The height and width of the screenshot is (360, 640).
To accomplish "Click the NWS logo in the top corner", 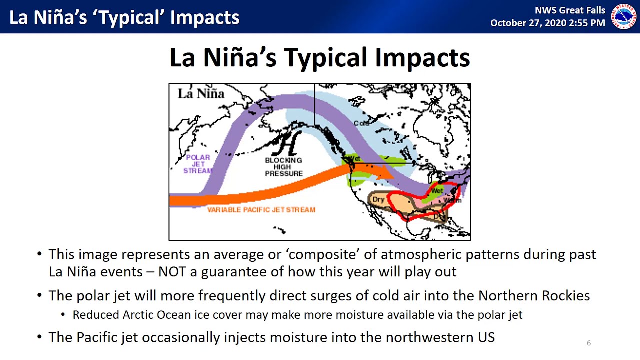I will [x=624, y=17].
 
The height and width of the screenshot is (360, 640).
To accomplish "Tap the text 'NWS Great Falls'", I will [x=570, y=10].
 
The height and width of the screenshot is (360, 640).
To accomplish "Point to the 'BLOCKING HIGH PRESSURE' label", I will [x=283, y=167].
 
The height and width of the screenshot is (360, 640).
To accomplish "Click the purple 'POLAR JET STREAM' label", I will [x=198, y=164].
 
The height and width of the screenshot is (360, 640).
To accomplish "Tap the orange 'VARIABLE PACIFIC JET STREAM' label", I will [x=261, y=210].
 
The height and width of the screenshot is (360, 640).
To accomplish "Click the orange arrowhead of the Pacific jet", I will [x=385, y=172].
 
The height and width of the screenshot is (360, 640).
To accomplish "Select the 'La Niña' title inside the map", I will [x=201, y=93].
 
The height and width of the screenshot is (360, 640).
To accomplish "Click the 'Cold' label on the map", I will [x=361, y=123].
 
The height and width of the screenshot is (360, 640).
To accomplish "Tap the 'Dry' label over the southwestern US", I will [x=378, y=200].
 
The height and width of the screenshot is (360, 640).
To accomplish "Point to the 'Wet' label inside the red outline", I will [x=437, y=191].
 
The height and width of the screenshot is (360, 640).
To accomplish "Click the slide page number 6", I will [x=588, y=343].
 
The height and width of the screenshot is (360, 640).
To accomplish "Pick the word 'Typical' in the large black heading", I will [x=325, y=57].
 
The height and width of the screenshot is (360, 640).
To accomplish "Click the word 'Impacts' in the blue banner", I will [x=205, y=17].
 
